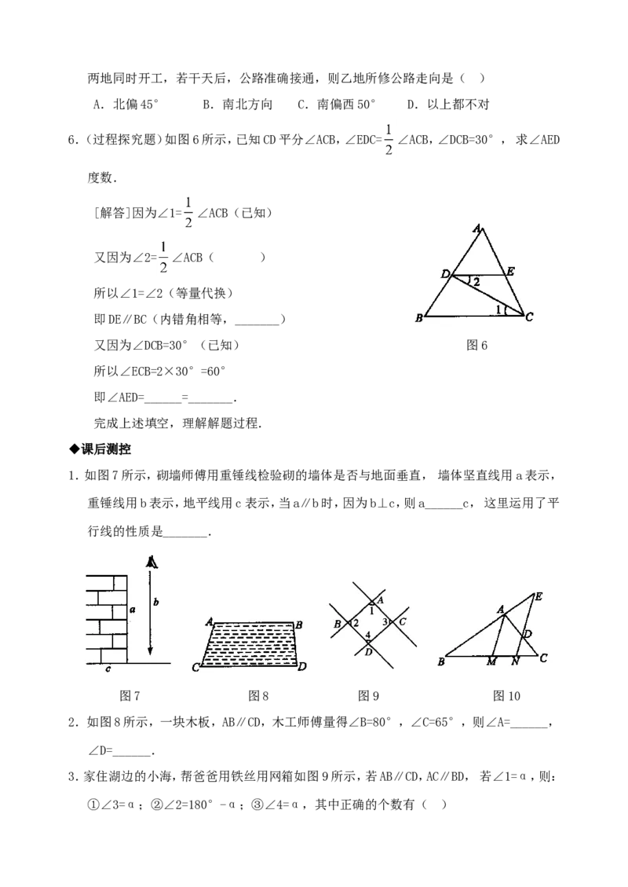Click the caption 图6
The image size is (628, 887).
pyautogui.click(x=476, y=345)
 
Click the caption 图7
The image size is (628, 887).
pyautogui.click(x=130, y=696)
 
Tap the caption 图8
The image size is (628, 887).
pyautogui.click(x=258, y=696)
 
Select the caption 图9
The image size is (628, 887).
pyautogui.click(x=368, y=696)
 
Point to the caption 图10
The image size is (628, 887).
pyautogui.click(x=506, y=696)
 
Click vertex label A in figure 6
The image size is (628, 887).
pyautogui.click(x=477, y=229)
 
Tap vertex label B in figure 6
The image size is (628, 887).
pyautogui.click(x=419, y=318)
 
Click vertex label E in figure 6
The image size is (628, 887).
pyautogui.click(x=510, y=272)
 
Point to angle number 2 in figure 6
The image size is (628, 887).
pyautogui.click(x=476, y=281)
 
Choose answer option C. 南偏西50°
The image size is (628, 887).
pyautogui.click(x=337, y=104)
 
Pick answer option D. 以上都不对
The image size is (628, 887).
pyautogui.click(x=448, y=104)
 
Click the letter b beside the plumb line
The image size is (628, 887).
pyautogui.click(x=156, y=602)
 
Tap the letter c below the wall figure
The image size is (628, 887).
pyautogui.click(x=108, y=669)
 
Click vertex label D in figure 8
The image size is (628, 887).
pyautogui.click(x=302, y=666)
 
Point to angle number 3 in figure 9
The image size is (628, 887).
pyautogui.click(x=385, y=622)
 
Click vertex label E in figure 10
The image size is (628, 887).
pyautogui.click(x=539, y=596)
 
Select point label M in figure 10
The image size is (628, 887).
pyautogui.click(x=491, y=662)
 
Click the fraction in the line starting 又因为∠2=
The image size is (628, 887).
pyautogui.click(x=163, y=258)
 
